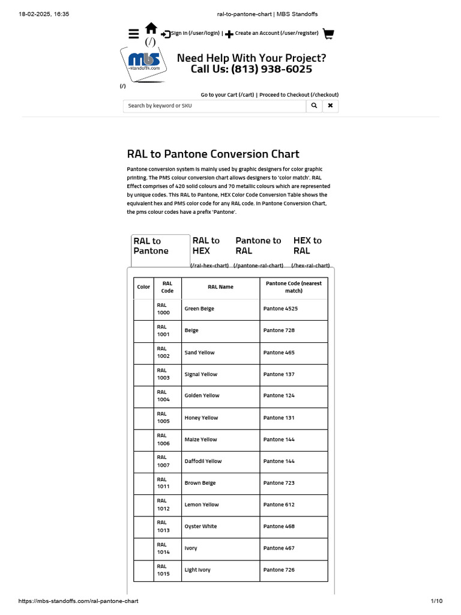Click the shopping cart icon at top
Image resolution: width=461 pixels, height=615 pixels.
[328, 34]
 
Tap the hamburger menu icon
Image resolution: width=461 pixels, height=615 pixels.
[134, 34]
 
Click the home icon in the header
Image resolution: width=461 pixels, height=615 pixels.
[151, 28]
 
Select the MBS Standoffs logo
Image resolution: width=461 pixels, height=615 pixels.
[144, 62]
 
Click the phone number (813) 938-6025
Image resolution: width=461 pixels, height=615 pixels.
[252, 69]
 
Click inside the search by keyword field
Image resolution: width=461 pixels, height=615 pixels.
[214, 106]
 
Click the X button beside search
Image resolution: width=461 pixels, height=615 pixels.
[330, 106]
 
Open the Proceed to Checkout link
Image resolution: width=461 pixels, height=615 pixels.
[299, 95]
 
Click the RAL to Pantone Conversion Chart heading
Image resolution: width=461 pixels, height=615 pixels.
[213, 154]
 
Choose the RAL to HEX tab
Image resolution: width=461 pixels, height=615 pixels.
[206, 246]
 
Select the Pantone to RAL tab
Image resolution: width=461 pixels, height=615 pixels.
[258, 246]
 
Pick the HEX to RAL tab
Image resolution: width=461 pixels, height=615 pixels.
[307, 246]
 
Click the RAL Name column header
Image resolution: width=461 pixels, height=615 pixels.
[220, 287]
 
